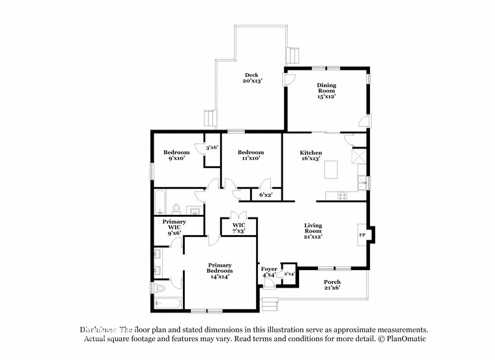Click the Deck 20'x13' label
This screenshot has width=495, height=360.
tap(253, 77)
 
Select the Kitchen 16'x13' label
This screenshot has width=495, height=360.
tap(310, 155)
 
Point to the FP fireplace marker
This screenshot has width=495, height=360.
tap(361, 234)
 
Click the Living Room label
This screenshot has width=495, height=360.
tap(313, 231)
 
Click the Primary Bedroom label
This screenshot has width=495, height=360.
tap(219, 270)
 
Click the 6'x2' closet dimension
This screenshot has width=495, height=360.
tap(266, 195)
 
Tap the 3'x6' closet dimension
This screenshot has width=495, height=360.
tap(211, 148)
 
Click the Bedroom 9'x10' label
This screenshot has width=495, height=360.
tap(177, 155)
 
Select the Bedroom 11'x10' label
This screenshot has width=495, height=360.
tap(250, 155)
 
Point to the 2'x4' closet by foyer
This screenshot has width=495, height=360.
tap(289, 275)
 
